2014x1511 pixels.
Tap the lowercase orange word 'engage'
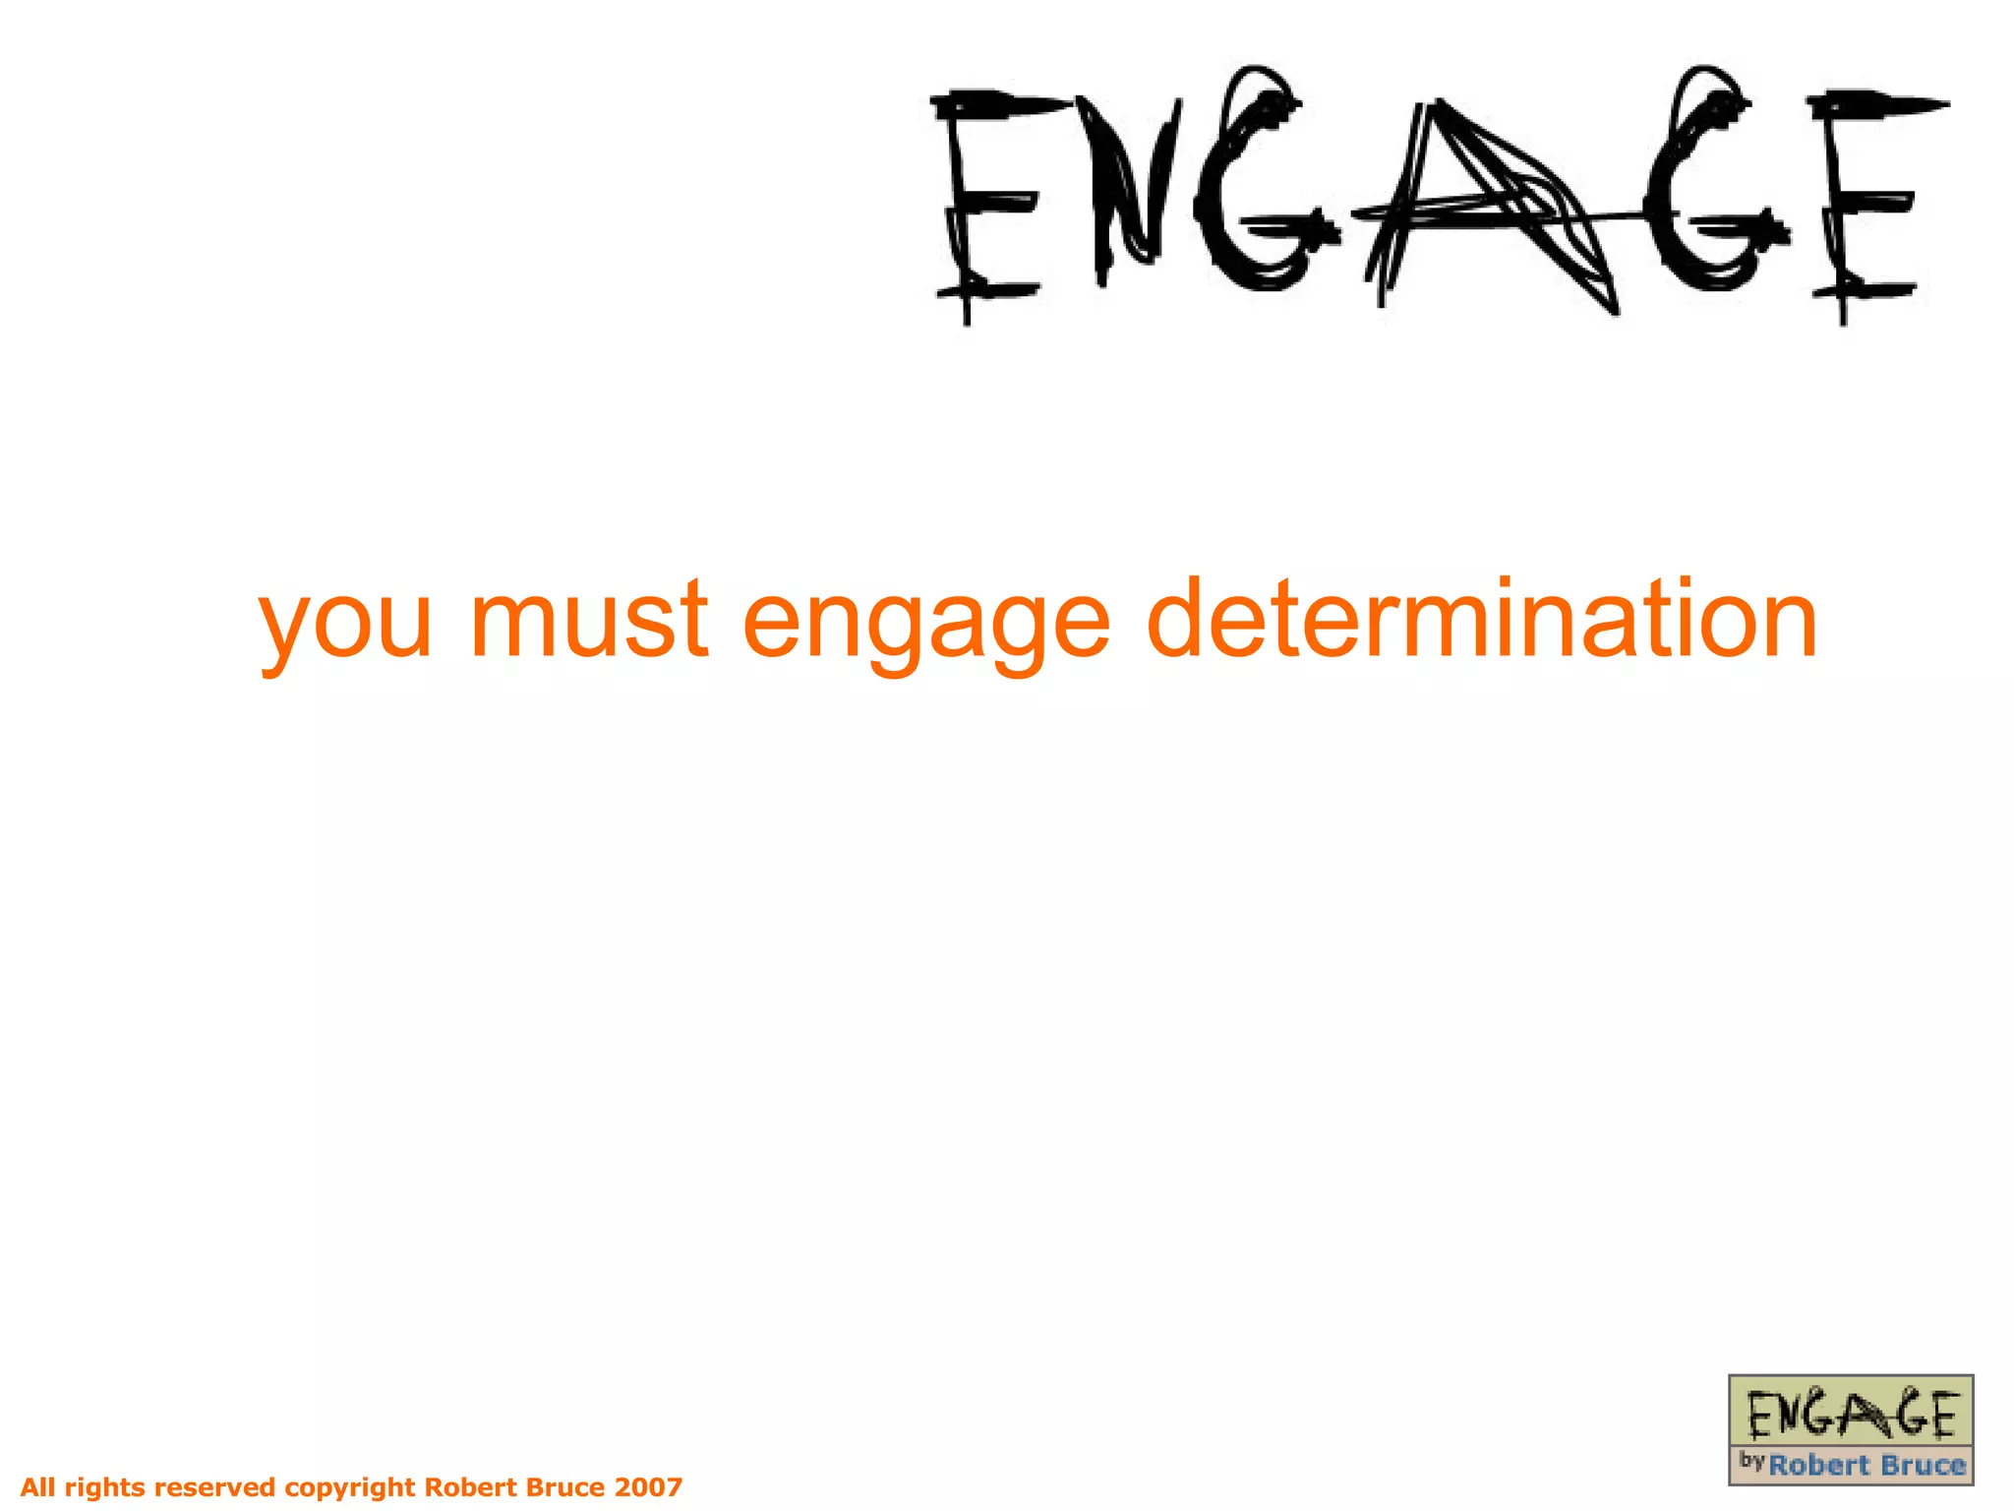tap(926, 622)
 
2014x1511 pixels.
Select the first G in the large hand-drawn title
tap(1259, 187)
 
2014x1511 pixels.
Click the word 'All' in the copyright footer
tap(38, 1486)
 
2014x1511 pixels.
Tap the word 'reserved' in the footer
tap(215, 1486)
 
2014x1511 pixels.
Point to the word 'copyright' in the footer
tap(349, 1487)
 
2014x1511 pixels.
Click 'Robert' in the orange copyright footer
tap(471, 1486)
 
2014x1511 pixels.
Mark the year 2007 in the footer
tap(648, 1486)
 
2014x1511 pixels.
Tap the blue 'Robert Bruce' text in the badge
tap(1866, 1466)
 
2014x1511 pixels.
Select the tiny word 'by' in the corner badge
tap(1751, 1460)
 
